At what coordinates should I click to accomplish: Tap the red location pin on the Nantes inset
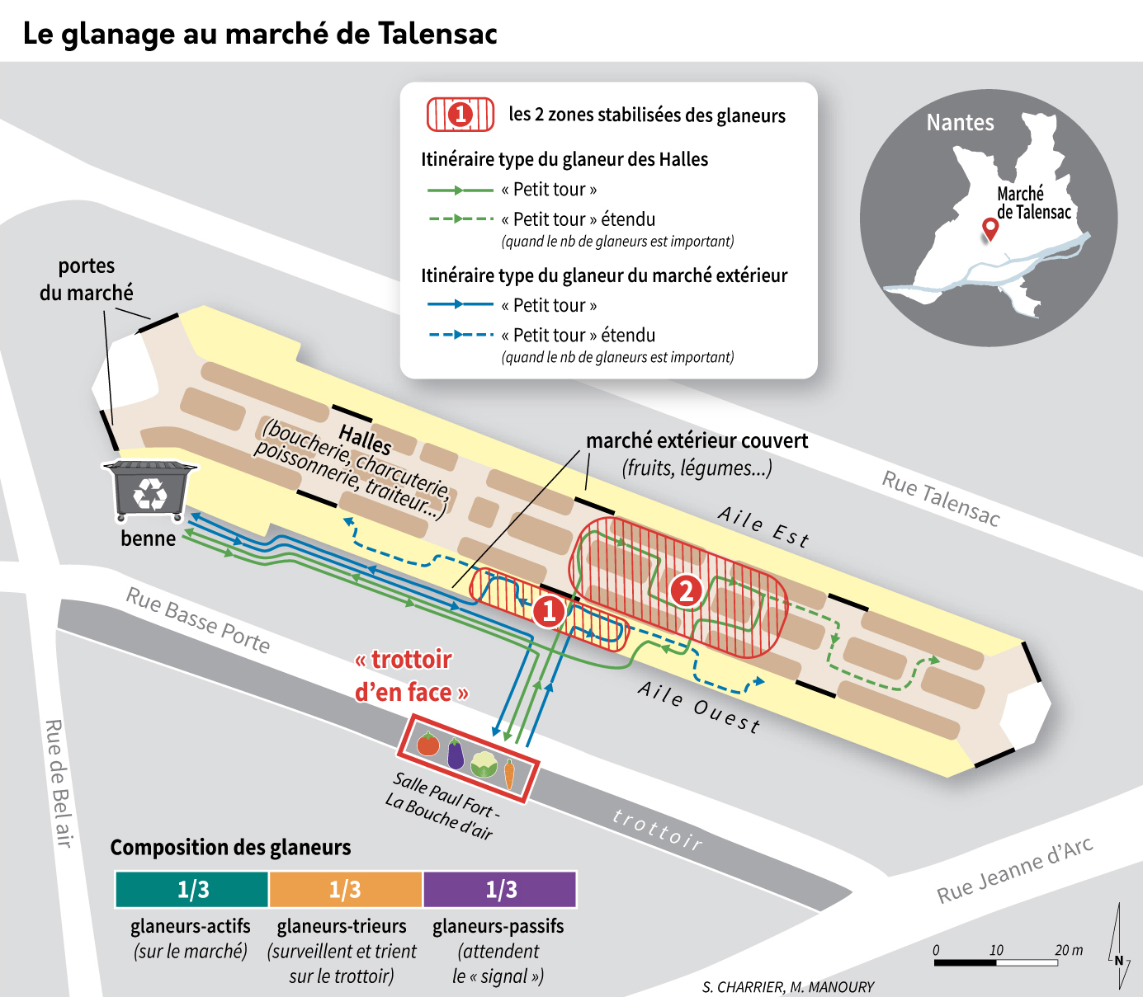tap(990, 229)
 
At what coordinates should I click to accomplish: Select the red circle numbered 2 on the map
tap(686, 590)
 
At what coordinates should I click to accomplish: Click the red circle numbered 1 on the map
tap(549, 611)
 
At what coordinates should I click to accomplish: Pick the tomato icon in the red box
tap(428, 744)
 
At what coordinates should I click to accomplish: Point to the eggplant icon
tap(456, 754)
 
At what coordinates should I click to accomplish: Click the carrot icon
tap(509, 774)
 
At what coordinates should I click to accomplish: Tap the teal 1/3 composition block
tap(191, 889)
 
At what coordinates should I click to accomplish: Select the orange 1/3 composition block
tap(346, 889)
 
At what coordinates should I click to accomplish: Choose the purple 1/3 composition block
tap(500, 889)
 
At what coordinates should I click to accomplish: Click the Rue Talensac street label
tap(941, 498)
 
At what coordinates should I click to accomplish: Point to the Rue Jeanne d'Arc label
tap(1014, 870)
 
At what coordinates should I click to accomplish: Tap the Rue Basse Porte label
tap(198, 619)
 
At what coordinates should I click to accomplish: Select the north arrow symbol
tap(1119, 944)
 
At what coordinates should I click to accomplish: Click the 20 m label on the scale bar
tap(1069, 949)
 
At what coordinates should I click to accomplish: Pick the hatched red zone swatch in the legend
tap(461, 115)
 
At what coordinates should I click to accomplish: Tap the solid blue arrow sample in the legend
tap(461, 304)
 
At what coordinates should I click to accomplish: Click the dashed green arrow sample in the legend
tap(461, 219)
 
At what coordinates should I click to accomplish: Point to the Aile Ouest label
tap(699, 707)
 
